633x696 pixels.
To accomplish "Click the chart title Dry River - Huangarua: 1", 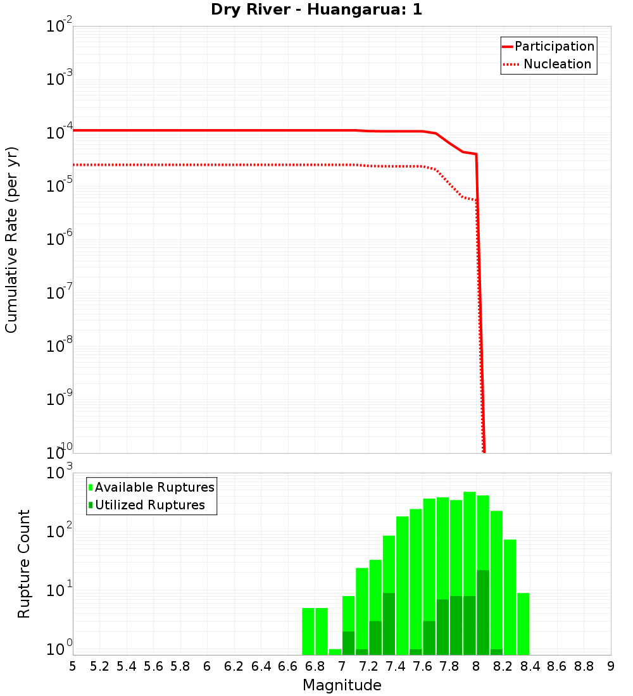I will coord(316,10).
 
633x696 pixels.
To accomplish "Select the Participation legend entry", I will coord(555,46).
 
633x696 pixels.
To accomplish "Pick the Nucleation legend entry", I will coord(557,64).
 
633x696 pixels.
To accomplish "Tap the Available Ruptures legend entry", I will coord(154,487).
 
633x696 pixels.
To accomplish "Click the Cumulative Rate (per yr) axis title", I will coord(11,240).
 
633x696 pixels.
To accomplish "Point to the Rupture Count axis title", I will coord(24,564).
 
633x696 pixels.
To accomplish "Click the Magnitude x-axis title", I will coord(342,685).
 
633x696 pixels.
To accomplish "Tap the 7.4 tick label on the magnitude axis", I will coord(396,666).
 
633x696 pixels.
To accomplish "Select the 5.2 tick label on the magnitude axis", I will coord(99,666).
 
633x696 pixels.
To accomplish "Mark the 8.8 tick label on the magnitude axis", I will coord(584,666).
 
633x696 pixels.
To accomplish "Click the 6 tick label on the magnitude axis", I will coord(207,666).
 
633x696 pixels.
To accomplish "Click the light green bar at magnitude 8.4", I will coord(523,623).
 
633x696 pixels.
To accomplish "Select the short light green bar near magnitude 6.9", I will coord(335,652).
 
